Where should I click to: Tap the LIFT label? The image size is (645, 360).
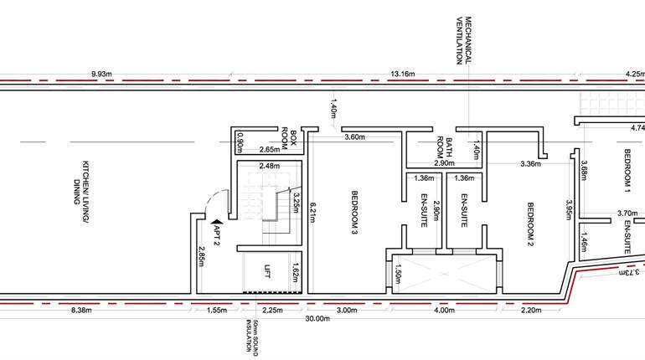(267, 270)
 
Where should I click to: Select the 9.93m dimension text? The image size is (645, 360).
(106, 74)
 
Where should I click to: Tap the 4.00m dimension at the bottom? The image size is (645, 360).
(444, 310)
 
